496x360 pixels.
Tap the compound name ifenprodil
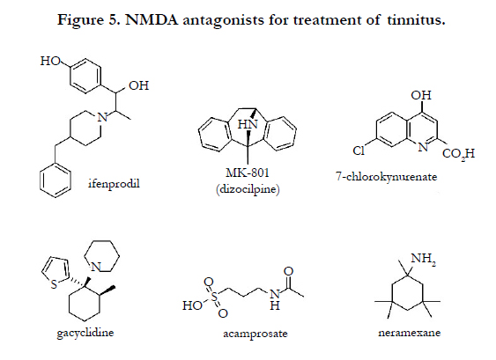[x=114, y=184]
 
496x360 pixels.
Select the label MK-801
[x=248, y=173]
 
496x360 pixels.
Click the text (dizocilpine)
[x=248, y=189]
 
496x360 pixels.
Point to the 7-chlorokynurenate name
[x=386, y=177]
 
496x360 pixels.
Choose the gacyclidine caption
[x=85, y=333]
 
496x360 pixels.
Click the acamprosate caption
[x=255, y=334]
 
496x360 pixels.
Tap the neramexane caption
[x=410, y=333]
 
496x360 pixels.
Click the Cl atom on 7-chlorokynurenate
[x=359, y=151]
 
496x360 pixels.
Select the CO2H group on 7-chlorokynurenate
[x=458, y=154]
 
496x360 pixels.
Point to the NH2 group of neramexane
[x=423, y=259]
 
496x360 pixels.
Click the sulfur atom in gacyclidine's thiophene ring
[x=54, y=284]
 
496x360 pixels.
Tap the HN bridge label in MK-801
[x=248, y=124]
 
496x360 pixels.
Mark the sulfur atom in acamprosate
[x=215, y=297]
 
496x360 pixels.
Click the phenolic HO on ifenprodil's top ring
[x=50, y=61]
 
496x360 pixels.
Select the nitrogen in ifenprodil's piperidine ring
[x=102, y=118]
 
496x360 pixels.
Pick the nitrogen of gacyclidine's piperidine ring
[x=95, y=267]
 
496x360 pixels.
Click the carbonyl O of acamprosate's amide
[x=288, y=271]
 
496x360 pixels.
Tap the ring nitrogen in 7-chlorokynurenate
[x=423, y=147]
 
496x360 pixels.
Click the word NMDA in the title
[x=152, y=20]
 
